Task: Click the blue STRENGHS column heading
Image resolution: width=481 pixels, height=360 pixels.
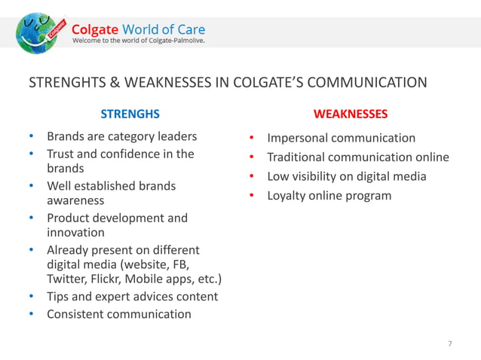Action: click(130, 114)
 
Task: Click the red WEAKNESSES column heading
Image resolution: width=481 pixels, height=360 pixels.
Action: click(351, 114)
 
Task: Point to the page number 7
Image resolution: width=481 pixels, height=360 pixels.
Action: click(450, 344)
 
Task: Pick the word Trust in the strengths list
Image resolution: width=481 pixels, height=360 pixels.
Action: click(63, 154)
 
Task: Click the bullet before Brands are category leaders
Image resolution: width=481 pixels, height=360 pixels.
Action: click(31, 137)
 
